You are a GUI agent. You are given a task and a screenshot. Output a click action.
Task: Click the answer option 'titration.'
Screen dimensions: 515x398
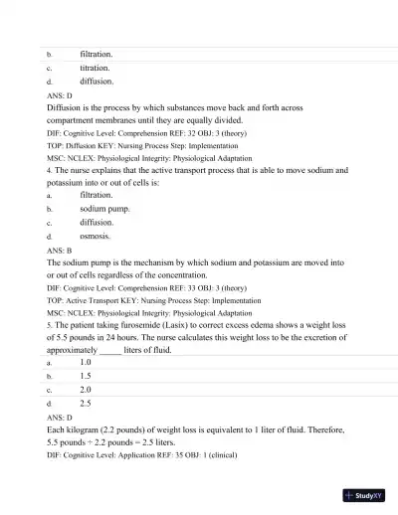pyautogui.click(x=95, y=67)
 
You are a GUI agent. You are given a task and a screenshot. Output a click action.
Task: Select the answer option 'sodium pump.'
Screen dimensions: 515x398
pyautogui.click(x=104, y=210)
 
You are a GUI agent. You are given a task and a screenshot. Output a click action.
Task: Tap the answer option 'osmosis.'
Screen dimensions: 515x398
pyautogui.click(x=96, y=238)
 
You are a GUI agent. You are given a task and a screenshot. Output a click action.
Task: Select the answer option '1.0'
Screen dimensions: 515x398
pyautogui.click(x=86, y=363)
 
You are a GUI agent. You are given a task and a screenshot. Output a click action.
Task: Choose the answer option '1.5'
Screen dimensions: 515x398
pyautogui.click(x=86, y=377)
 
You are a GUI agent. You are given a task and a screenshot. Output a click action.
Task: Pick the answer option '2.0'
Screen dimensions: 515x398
pyautogui.click(x=86, y=391)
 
